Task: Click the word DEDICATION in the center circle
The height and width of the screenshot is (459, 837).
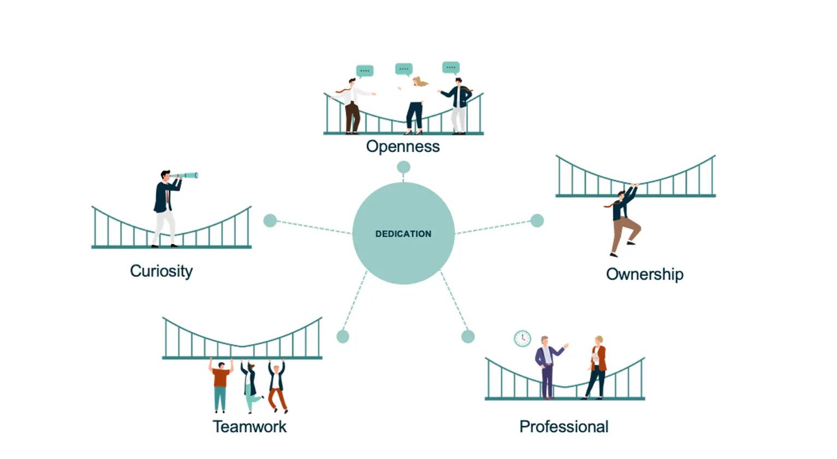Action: pyautogui.click(x=403, y=234)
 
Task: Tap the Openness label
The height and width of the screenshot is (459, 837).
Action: pyautogui.click(x=403, y=146)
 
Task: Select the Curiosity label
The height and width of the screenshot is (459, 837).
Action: pyautogui.click(x=161, y=271)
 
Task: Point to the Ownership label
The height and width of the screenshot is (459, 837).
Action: pyautogui.click(x=644, y=274)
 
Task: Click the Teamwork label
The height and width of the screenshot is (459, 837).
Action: pyautogui.click(x=249, y=426)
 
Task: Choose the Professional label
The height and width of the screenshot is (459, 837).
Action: pyautogui.click(x=564, y=426)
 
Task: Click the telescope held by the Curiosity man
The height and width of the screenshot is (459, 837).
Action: pyautogui.click(x=186, y=176)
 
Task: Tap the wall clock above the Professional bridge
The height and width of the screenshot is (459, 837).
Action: pyautogui.click(x=522, y=339)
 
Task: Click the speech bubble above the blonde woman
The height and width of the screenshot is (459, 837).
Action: pyautogui.click(x=404, y=69)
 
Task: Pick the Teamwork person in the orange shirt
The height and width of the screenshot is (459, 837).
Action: pyautogui.click(x=220, y=384)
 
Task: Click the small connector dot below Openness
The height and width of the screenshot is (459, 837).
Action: pyautogui.click(x=403, y=167)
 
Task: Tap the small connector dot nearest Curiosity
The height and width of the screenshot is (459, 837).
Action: pyautogui.click(x=270, y=220)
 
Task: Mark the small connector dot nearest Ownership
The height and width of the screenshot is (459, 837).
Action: pyautogui.click(x=537, y=220)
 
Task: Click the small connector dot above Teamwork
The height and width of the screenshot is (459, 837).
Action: pyautogui.click(x=343, y=336)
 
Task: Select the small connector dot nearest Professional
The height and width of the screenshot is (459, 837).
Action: pyautogui.click(x=468, y=336)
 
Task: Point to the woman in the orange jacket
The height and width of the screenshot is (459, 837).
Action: pyautogui.click(x=597, y=368)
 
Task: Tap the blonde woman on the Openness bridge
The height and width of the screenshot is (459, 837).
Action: pyautogui.click(x=415, y=106)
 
